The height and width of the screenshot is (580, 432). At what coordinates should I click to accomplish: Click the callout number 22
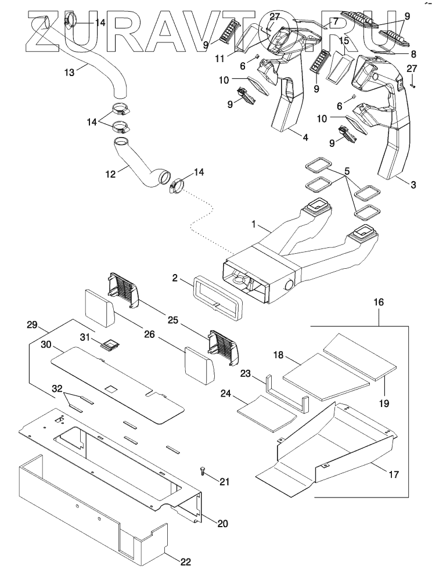point(185,561)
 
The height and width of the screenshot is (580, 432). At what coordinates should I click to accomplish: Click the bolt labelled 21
point(202,471)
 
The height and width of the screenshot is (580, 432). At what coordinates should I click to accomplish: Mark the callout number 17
point(393,474)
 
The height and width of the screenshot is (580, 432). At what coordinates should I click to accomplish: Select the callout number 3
point(412,185)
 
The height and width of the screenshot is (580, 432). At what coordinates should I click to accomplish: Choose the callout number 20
point(222,523)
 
